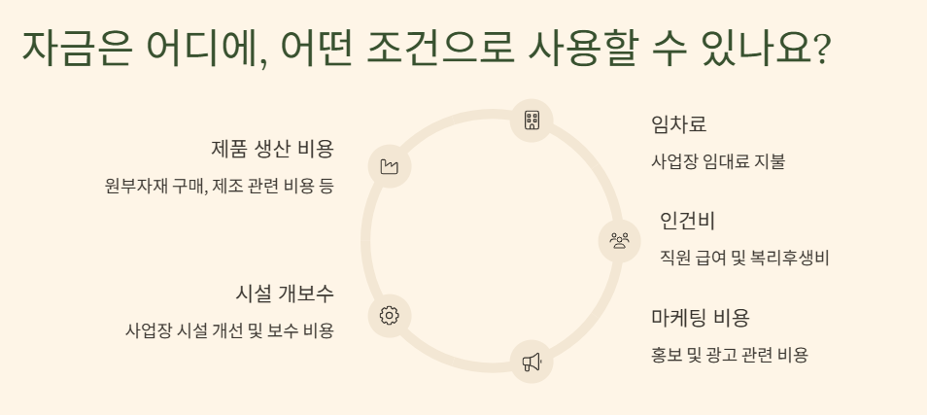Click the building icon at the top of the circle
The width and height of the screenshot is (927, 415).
(x=532, y=121)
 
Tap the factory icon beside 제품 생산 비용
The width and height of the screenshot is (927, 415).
(x=390, y=166)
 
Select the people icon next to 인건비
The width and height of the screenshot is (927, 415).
(x=619, y=238)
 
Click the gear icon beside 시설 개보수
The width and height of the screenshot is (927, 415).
(x=390, y=315)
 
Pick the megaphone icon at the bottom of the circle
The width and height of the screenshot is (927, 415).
(x=532, y=362)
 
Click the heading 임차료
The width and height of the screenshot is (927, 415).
(x=678, y=124)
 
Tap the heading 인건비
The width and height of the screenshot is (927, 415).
(x=687, y=221)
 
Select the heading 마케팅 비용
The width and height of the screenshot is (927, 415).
(x=700, y=318)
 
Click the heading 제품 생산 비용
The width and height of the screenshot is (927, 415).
(x=272, y=149)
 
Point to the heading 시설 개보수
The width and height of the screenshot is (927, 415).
(x=285, y=294)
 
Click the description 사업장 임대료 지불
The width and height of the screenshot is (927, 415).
(x=717, y=161)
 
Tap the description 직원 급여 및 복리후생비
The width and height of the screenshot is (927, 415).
(x=743, y=258)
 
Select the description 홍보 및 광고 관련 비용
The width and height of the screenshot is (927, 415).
(x=729, y=355)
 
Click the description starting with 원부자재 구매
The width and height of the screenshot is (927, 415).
(x=219, y=186)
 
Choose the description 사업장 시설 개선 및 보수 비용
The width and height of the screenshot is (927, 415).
(x=229, y=330)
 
